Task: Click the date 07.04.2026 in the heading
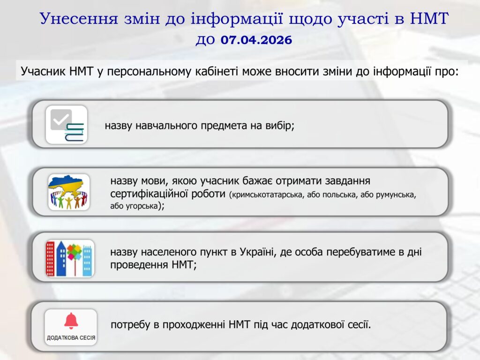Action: coord(256,40)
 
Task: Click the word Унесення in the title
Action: coord(79,18)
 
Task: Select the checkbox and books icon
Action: coord(67,125)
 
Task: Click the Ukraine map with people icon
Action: coord(68,192)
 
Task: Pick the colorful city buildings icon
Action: coord(70,258)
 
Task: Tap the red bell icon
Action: coord(71,321)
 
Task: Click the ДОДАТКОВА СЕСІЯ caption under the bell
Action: coord(71,338)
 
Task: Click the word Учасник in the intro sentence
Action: coord(43,71)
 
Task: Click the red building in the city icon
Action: coord(50,259)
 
